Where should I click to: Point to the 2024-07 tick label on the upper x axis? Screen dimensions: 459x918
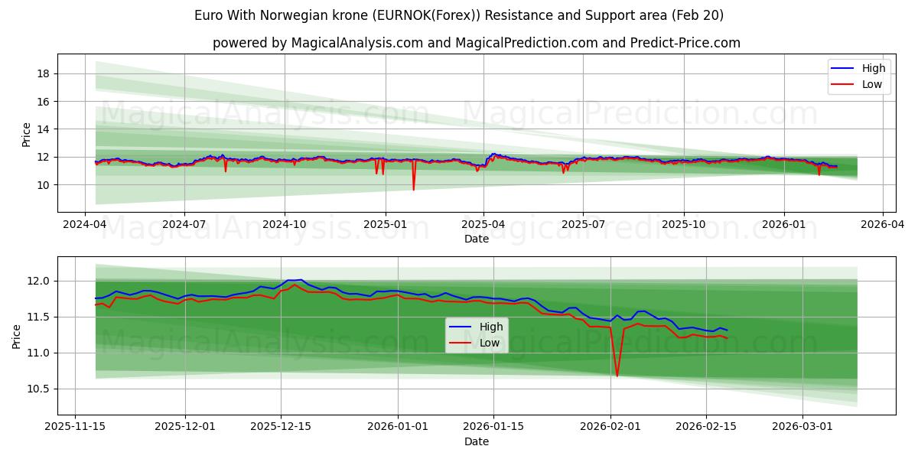184,225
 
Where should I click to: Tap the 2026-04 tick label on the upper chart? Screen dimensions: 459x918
883,225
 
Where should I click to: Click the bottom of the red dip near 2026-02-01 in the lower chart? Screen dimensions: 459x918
617,376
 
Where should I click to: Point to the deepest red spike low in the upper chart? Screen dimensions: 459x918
413,189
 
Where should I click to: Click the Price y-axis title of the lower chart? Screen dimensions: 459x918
17,336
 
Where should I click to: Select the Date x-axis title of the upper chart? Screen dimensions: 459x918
476,239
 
